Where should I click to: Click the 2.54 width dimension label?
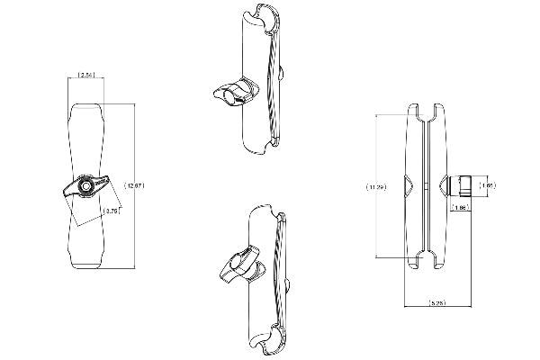click(x=87, y=75)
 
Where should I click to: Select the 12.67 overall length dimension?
click(x=135, y=185)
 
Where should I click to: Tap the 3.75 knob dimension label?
click(x=112, y=211)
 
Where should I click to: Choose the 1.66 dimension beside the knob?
click(x=487, y=185)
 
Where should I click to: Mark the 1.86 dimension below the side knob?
click(x=460, y=208)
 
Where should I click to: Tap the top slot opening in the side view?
click(x=424, y=112)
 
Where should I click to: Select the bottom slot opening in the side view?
click(x=424, y=260)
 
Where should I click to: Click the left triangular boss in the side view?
click(x=409, y=186)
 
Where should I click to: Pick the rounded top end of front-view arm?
click(x=87, y=112)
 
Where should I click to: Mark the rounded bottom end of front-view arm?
click(x=87, y=261)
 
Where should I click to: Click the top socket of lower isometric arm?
click(x=267, y=214)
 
